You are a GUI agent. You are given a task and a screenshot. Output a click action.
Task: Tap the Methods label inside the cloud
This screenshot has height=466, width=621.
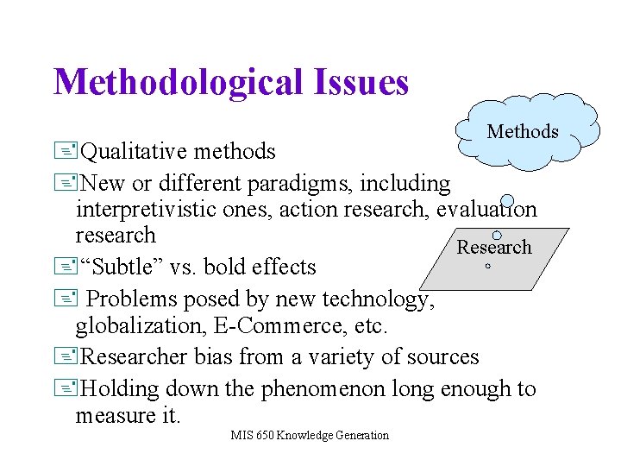pyautogui.click(x=523, y=132)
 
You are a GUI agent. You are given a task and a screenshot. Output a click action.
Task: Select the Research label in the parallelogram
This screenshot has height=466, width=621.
pyautogui.click(x=494, y=248)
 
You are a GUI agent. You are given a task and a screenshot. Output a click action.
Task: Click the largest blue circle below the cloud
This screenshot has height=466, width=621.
pyautogui.click(x=508, y=202)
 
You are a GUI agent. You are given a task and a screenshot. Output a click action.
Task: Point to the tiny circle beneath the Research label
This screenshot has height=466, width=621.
pyautogui.click(x=487, y=267)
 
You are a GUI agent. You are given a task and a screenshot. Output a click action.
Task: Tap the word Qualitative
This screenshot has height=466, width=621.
pyautogui.click(x=135, y=152)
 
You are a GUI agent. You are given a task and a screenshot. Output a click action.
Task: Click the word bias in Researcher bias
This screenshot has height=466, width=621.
pyautogui.click(x=216, y=357)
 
